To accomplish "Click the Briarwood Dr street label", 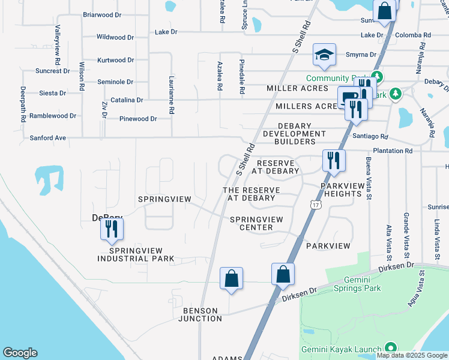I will (103, 14).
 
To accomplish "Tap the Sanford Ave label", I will (48, 138).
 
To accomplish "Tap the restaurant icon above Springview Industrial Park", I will (112, 229).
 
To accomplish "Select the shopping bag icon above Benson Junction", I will (231, 278).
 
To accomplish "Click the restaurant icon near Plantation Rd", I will (333, 160).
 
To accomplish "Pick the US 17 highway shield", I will (315, 205).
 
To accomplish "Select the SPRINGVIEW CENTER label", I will (256, 223).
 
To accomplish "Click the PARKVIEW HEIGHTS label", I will (341, 190).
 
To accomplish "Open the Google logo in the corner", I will (20, 353).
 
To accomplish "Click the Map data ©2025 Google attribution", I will (412, 355).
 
